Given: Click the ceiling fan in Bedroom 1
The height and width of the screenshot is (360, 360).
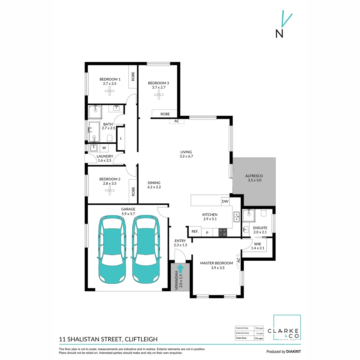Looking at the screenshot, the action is tap(110, 91).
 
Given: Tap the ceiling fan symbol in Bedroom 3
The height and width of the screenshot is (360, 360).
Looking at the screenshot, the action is tap(159, 95).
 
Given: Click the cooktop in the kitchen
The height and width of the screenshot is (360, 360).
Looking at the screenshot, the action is tap(223, 232).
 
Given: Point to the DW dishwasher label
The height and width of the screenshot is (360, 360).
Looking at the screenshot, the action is tap(225, 201).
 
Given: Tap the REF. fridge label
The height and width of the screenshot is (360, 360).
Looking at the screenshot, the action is tap(195, 232).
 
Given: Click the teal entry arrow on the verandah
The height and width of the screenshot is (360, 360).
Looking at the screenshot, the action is tap(180, 268).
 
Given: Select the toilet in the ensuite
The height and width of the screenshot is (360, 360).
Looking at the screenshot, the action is tap(264, 213).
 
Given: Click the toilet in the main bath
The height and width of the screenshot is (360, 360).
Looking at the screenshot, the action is tap(109, 139).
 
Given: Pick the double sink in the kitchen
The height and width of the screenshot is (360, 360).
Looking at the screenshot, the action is tap(236, 217).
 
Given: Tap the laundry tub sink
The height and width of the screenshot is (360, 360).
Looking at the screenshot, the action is tap(93, 148).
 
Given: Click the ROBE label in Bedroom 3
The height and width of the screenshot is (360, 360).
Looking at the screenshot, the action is tap(165, 114).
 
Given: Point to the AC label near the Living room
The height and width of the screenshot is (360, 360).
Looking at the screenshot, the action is tap(177, 121).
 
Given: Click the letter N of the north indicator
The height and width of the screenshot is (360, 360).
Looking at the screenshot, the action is tap(279, 34).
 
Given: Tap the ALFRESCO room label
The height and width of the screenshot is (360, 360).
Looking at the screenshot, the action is tap(254, 176).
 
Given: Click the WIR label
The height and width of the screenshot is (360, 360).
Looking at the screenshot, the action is tap(257, 244).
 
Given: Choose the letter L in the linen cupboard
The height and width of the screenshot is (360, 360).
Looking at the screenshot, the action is tap(121, 138).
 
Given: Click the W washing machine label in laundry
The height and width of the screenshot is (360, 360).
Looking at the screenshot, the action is tap(104, 148).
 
